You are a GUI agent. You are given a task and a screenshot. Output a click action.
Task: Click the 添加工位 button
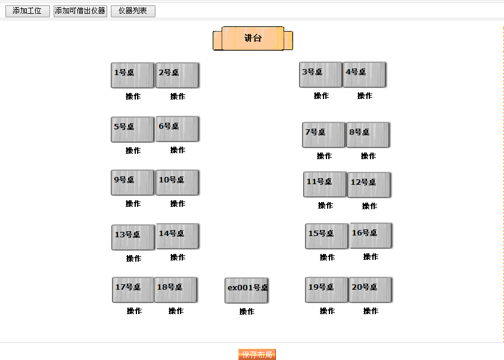[x=27, y=11]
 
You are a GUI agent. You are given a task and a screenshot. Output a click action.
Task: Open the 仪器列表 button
[x=133, y=11]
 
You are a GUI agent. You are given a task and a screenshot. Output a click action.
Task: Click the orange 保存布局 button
[x=257, y=355]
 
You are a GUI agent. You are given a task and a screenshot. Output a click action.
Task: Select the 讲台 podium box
[x=253, y=38]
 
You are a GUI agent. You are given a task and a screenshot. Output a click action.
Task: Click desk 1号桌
[x=132, y=75]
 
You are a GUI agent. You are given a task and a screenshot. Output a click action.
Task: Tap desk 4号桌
[x=364, y=75]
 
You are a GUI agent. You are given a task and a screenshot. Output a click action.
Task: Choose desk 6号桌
[x=177, y=129]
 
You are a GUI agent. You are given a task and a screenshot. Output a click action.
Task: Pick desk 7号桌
[x=323, y=135]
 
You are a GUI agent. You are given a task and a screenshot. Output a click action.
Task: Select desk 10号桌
[x=177, y=182]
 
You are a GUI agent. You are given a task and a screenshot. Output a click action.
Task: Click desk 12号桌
[x=369, y=185]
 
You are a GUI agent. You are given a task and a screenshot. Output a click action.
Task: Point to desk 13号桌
[x=133, y=237]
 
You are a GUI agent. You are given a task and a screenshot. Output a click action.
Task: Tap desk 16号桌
[x=371, y=235]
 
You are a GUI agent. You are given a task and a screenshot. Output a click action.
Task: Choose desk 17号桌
[x=133, y=290]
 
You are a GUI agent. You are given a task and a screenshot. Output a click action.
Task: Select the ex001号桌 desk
[x=247, y=290]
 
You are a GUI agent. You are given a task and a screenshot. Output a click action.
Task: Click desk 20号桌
[x=370, y=290]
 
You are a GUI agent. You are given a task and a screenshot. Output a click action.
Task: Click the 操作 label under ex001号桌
[x=247, y=312]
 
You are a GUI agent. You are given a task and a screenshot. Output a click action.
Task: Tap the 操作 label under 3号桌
[x=321, y=96]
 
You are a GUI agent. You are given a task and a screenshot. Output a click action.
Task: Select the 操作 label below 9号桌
[x=133, y=204]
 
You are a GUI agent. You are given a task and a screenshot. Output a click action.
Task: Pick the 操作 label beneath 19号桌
[x=327, y=311]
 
